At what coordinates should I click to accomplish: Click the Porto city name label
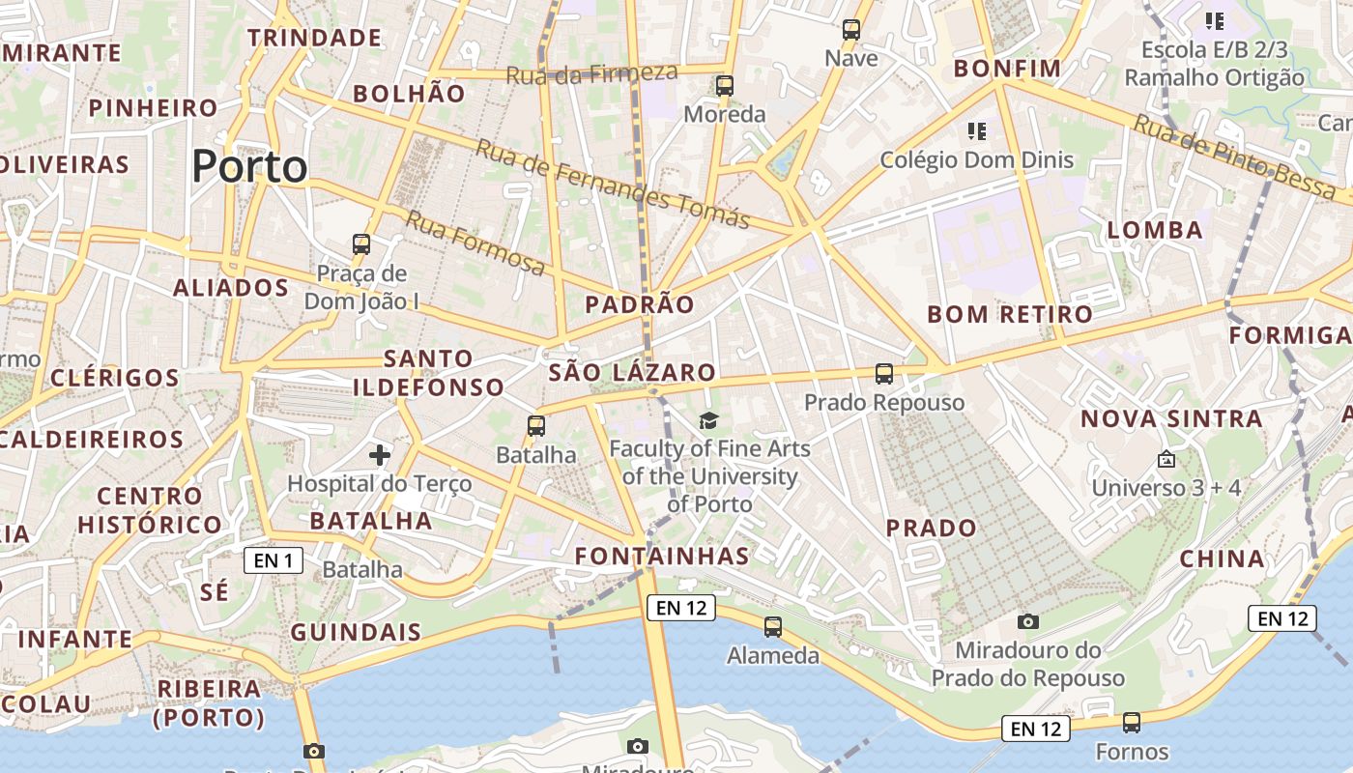(x=249, y=167)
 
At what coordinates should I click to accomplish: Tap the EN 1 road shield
(x=273, y=560)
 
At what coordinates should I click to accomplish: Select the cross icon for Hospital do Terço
(x=380, y=454)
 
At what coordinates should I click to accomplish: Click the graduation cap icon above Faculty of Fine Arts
(x=709, y=420)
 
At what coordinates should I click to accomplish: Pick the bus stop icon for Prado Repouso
(x=884, y=374)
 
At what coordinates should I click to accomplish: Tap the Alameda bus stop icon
(x=773, y=627)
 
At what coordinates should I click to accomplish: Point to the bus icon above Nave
(x=851, y=30)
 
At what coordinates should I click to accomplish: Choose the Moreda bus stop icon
(x=725, y=86)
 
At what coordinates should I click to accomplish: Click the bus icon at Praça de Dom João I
(x=361, y=244)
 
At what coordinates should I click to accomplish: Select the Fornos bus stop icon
(x=1132, y=723)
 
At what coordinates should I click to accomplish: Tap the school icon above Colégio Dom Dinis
(x=976, y=130)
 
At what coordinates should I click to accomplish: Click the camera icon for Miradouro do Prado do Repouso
(x=1028, y=621)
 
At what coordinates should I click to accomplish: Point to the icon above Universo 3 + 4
(x=1166, y=459)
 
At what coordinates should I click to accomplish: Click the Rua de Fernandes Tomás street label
(x=613, y=184)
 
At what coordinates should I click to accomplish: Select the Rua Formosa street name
(x=475, y=243)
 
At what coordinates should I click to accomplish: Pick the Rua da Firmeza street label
(x=591, y=73)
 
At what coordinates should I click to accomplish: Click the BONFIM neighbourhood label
(x=1007, y=69)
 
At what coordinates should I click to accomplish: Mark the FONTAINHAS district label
(x=662, y=556)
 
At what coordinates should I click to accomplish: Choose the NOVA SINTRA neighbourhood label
(x=1171, y=419)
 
